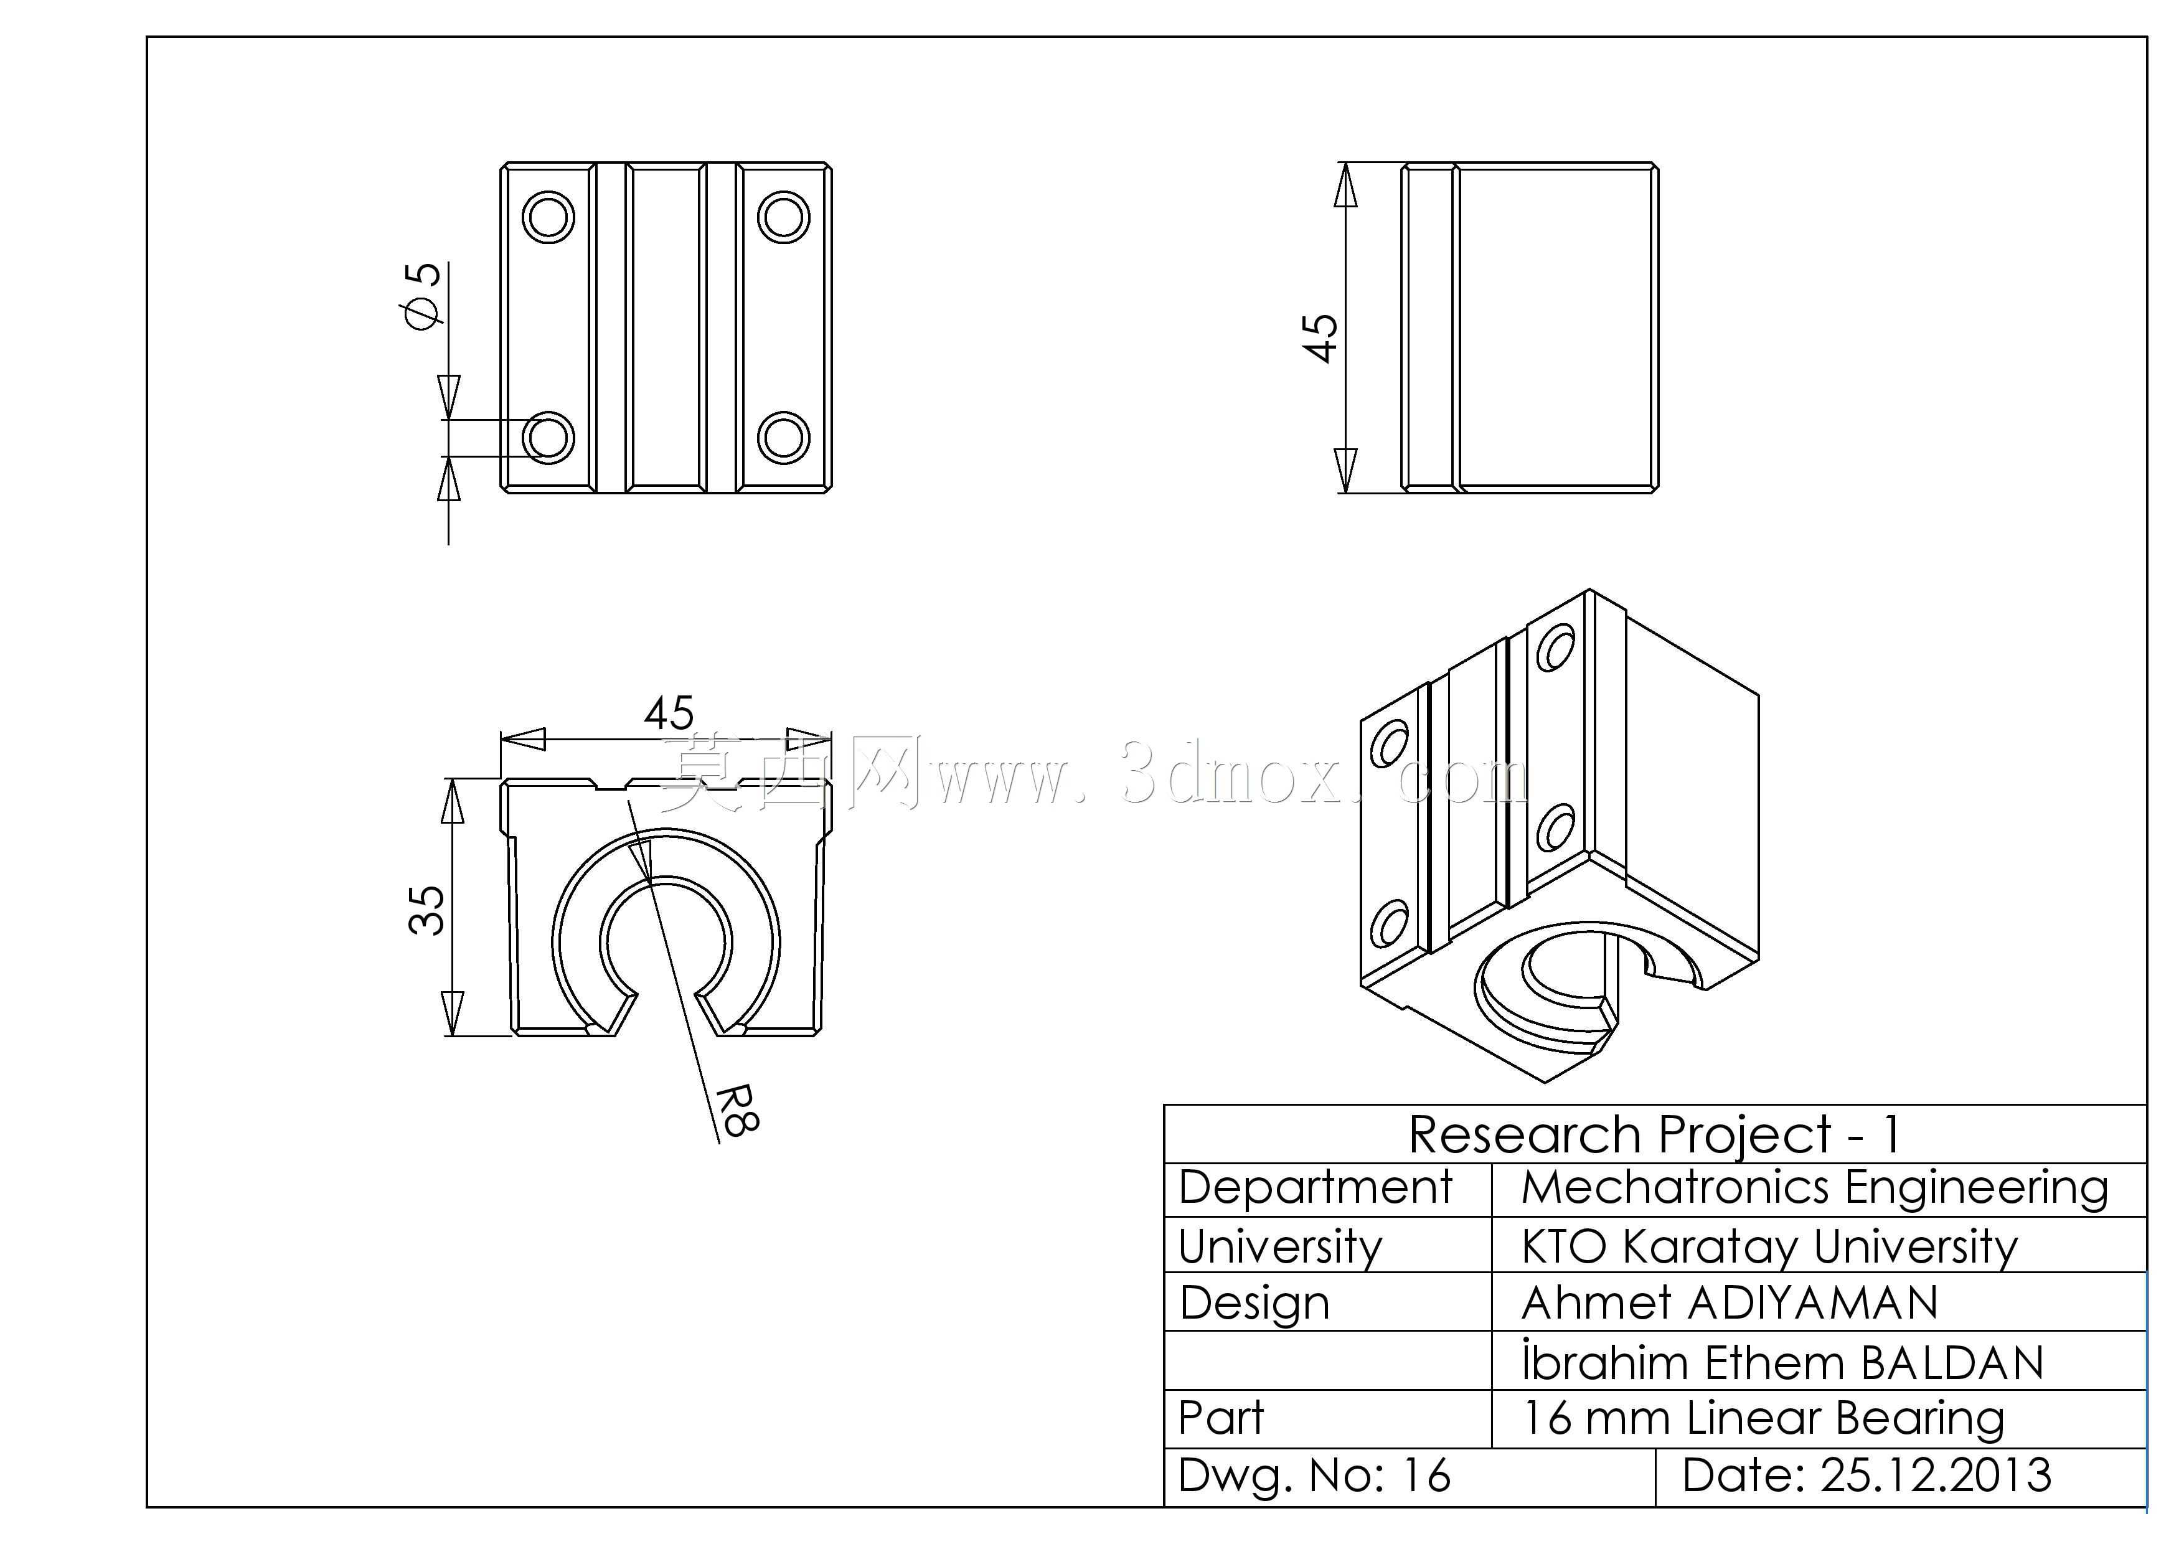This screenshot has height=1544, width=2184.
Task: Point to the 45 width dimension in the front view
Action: point(669,712)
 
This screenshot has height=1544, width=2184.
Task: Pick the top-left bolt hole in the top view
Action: point(549,217)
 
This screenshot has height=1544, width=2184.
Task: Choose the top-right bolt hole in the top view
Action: point(784,217)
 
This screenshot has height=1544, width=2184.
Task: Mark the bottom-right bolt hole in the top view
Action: point(784,438)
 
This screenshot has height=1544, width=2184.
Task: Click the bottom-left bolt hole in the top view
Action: point(549,438)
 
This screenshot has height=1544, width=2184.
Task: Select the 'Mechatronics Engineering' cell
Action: point(1814,1189)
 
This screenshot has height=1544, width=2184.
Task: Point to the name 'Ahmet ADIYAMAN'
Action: point(1730,1303)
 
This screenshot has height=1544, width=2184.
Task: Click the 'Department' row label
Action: point(1316,1189)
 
